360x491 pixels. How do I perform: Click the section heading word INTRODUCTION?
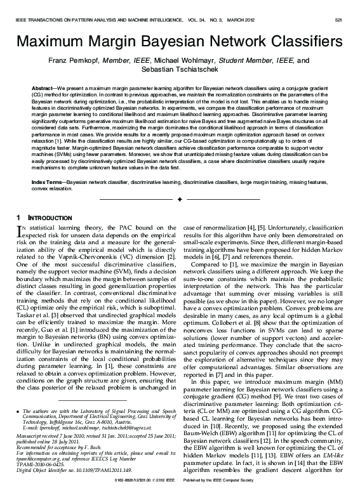point(49,218)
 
